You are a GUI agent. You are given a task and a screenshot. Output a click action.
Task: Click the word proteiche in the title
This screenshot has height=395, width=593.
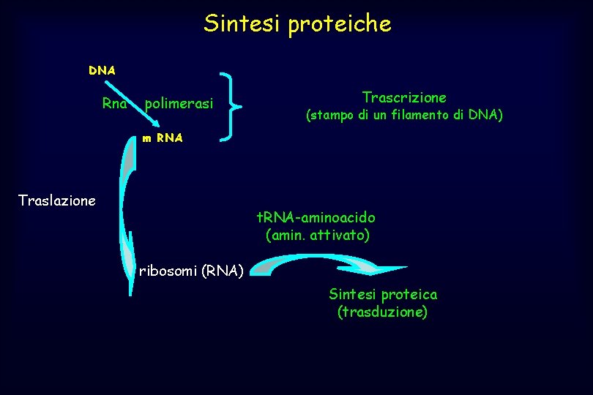[x=340, y=25]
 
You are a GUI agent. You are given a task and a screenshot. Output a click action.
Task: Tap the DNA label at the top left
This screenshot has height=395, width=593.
[x=102, y=71]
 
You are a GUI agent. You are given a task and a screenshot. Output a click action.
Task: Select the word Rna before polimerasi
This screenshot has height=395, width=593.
[x=114, y=104]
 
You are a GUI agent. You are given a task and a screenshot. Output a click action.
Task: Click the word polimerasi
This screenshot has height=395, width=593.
[x=179, y=105]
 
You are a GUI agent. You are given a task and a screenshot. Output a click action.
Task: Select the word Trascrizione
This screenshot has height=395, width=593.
[x=404, y=97]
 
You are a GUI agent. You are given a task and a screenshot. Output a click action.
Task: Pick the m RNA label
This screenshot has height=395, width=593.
[x=163, y=137]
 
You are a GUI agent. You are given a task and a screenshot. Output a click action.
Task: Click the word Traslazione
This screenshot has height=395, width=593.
[x=56, y=200]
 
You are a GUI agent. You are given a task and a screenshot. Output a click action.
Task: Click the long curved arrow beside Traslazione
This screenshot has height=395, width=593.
[x=126, y=212]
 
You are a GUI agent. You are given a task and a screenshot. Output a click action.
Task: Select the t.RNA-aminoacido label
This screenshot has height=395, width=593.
[x=316, y=217]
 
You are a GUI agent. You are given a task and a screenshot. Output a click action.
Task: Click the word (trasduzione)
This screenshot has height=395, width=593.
[x=382, y=312]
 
